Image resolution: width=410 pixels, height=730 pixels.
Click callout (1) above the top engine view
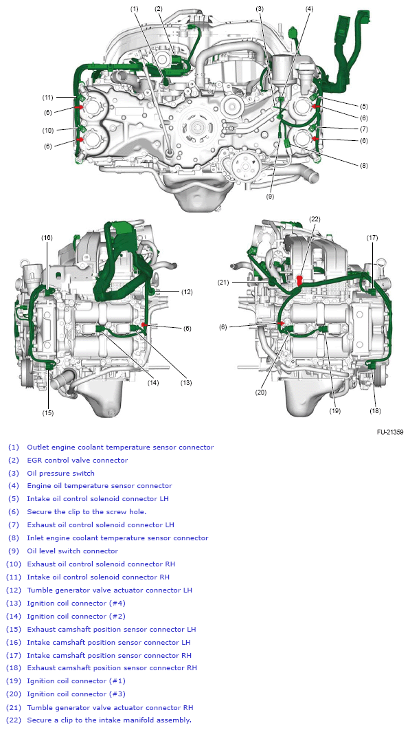coord(134,8)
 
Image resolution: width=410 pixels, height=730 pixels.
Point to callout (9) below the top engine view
coord(270,197)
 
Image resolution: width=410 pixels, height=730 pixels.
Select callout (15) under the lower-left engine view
coord(47,412)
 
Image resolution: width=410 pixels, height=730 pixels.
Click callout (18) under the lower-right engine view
coord(374,410)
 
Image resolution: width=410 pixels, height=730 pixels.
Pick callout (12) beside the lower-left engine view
coord(187,291)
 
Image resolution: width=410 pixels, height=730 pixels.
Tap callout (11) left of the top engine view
coord(47,96)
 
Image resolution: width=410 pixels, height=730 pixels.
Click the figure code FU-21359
coord(389,432)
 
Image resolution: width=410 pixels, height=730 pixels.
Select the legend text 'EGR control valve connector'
coord(77,461)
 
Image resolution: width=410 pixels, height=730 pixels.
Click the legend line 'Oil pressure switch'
coord(61,474)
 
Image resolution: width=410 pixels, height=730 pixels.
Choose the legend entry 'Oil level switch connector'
coord(72,551)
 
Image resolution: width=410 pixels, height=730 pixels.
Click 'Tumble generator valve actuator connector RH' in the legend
coord(110,707)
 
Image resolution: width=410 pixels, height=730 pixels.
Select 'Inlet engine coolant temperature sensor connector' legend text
coord(117,538)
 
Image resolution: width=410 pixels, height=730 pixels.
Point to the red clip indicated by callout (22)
coord(300,280)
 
